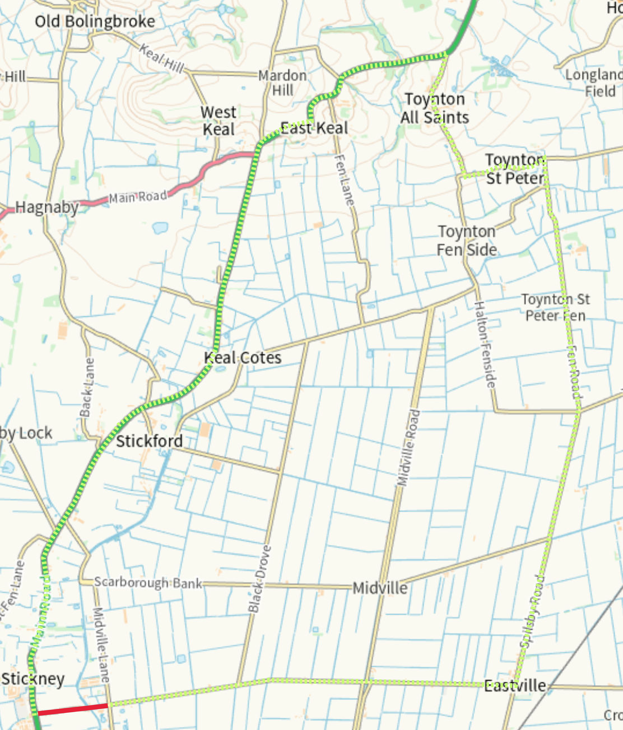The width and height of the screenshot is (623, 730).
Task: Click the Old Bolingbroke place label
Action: pyautogui.click(x=95, y=22)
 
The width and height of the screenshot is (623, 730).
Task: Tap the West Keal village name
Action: pyautogui.click(x=219, y=121)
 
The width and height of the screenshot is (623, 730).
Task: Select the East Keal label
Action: pyautogui.click(x=314, y=128)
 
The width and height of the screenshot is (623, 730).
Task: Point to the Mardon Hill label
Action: pyautogui.click(x=282, y=83)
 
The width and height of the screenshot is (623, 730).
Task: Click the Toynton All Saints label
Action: pyautogui.click(x=435, y=108)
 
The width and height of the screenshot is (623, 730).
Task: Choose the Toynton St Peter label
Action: pyautogui.click(x=515, y=169)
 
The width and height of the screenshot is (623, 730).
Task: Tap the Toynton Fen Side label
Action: pyautogui.click(x=467, y=241)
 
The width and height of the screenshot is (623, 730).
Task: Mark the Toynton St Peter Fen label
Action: pyautogui.click(x=556, y=308)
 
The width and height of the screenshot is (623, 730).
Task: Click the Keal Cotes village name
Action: pyautogui.click(x=242, y=358)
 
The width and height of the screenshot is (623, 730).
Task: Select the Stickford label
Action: pyautogui.click(x=149, y=441)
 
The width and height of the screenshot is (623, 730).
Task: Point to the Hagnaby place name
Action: pyautogui.click(x=47, y=208)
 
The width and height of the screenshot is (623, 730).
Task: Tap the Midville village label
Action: pyautogui.click(x=380, y=588)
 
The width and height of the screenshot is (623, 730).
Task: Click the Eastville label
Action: pyautogui.click(x=515, y=686)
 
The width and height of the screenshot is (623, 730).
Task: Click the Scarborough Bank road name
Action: pyautogui.click(x=148, y=583)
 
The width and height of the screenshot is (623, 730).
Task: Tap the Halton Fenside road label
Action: pyautogui.click(x=485, y=345)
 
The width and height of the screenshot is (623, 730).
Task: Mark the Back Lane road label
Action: pyautogui.click(x=87, y=387)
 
